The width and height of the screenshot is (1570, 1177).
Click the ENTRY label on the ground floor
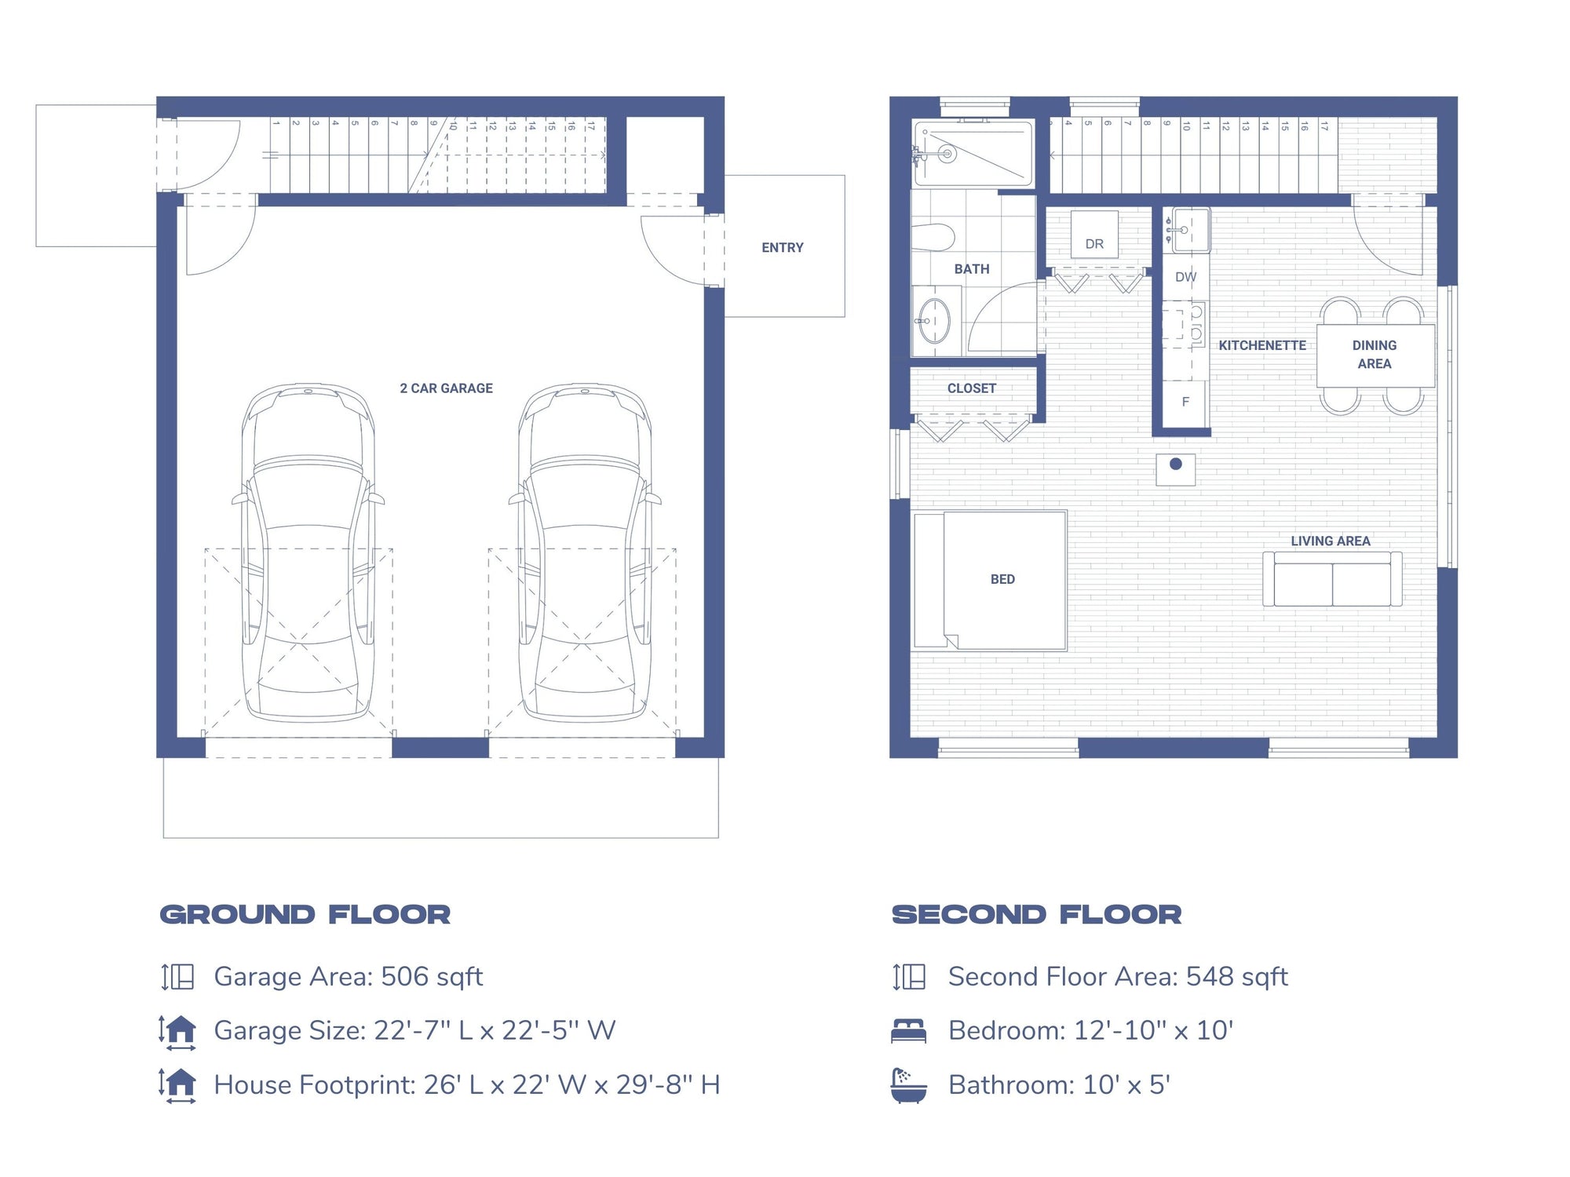click(x=782, y=248)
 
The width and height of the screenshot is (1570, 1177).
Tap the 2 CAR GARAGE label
click(x=446, y=388)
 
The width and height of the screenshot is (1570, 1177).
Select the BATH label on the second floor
click(x=971, y=269)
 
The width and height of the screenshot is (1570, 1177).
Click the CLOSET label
click(x=971, y=388)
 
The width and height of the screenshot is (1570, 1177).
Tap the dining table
click(x=1375, y=355)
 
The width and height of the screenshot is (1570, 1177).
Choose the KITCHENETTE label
click(x=1261, y=345)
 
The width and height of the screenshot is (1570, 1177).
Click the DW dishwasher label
click(x=1185, y=277)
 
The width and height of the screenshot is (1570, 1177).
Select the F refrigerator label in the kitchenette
click(x=1185, y=402)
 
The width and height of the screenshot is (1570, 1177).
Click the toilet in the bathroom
click(x=934, y=236)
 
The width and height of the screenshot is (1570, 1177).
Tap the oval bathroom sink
click(x=934, y=321)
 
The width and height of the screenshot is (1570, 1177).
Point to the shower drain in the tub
click(x=947, y=154)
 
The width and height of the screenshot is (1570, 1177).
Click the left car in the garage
click(x=308, y=552)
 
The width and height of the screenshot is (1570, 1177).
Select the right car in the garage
click(x=585, y=552)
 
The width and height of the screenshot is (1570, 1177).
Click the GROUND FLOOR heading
click(x=305, y=915)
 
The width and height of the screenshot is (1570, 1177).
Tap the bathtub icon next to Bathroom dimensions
click(x=908, y=1085)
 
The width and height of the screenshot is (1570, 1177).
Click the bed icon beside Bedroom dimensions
click(x=908, y=1030)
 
